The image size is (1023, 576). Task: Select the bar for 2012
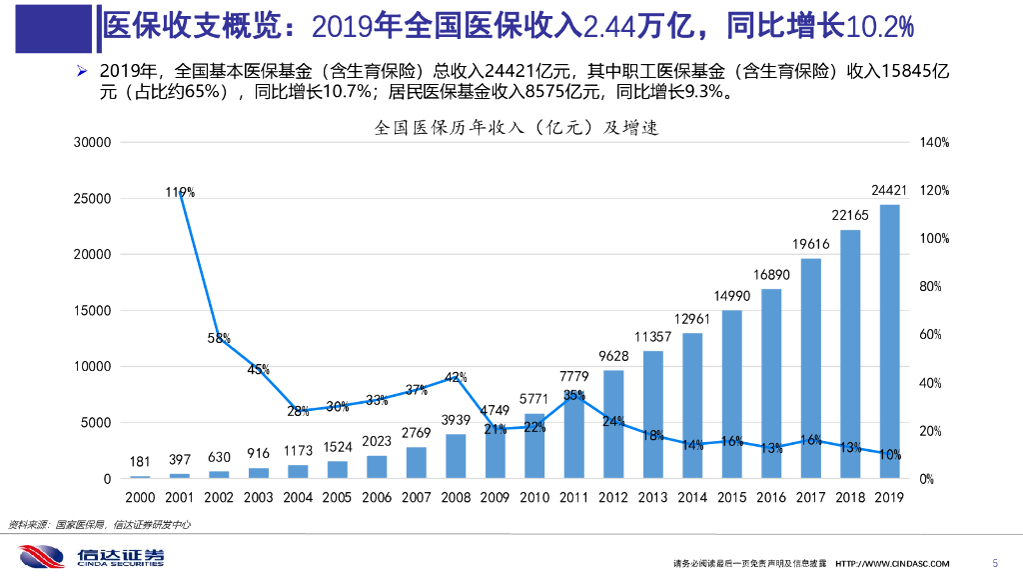[x=613, y=424]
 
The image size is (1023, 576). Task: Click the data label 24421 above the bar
[x=889, y=190]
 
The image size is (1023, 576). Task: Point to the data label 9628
[x=613, y=356]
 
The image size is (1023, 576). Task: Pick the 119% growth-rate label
[x=181, y=192]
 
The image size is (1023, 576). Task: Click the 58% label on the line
[x=220, y=338]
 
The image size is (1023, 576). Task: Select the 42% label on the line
[x=456, y=377]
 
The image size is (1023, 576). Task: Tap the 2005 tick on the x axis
[x=338, y=497]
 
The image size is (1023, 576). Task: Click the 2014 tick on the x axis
[x=692, y=497]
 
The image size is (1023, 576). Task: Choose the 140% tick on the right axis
[x=934, y=143]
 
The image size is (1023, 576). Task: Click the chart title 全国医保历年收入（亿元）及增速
[x=516, y=128]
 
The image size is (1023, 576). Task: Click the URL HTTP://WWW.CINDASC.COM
[x=893, y=563]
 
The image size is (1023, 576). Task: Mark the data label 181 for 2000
[x=141, y=461]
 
